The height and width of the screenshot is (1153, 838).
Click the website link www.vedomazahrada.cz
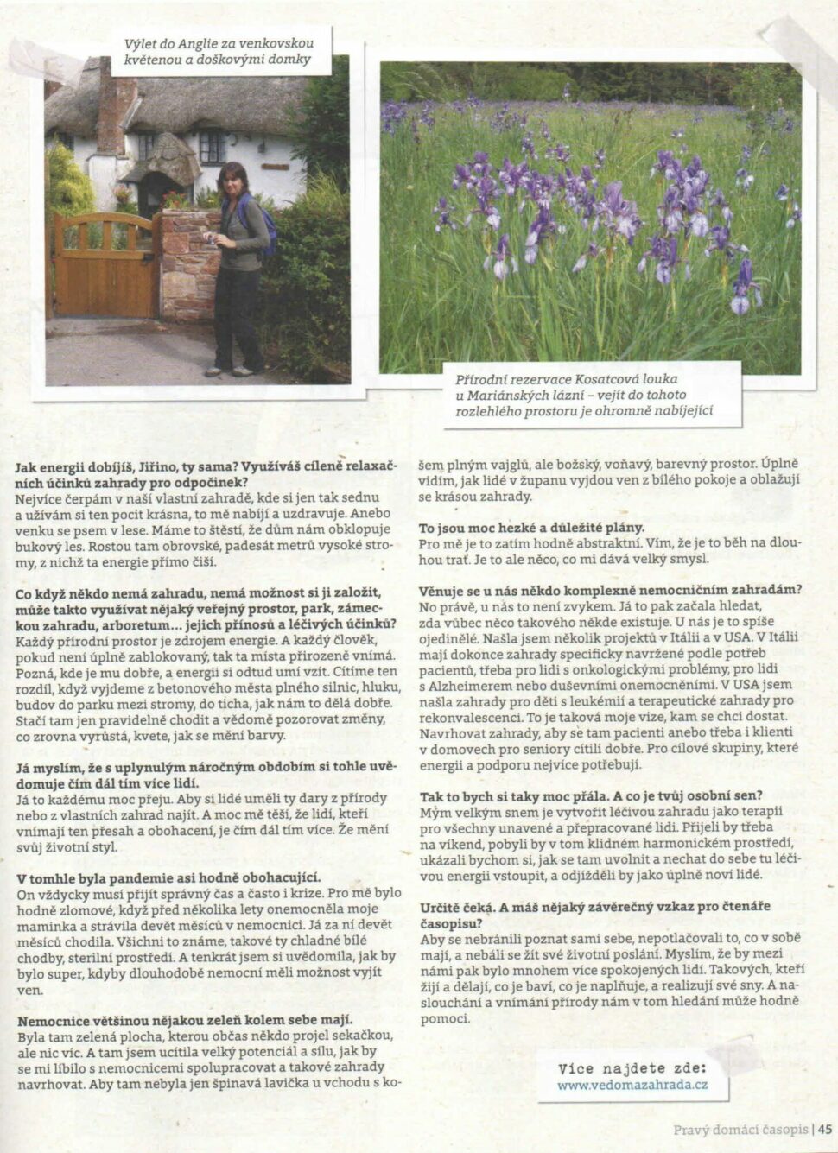[632, 1085]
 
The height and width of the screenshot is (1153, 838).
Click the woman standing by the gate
[237, 268]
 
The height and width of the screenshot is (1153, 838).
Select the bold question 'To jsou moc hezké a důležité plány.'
[531, 527]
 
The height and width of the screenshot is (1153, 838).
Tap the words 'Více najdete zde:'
[632, 1068]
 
